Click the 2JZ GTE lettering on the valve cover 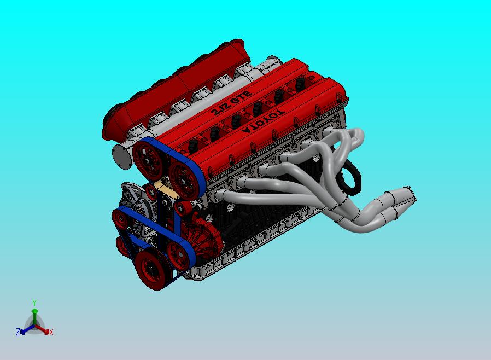pyautogui.click(x=231, y=104)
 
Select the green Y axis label pyautogui.click(x=34, y=303)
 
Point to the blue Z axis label pyautogui.click(x=18, y=332)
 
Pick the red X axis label pyautogui.click(x=51, y=332)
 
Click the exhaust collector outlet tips pyautogui.click(x=402, y=200)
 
